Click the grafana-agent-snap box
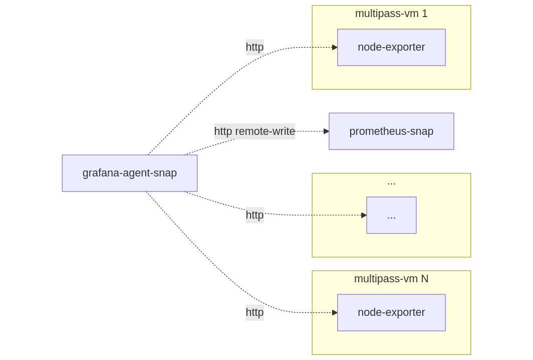[x=129, y=173]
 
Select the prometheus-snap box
[x=391, y=131]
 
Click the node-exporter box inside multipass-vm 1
[x=391, y=47]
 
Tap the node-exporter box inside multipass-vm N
[x=391, y=312]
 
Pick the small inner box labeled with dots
[x=391, y=215]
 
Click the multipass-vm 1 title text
[x=391, y=14]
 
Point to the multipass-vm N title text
[x=391, y=279]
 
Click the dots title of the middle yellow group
[x=391, y=183]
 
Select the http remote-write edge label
[x=254, y=131]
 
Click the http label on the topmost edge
[x=254, y=47]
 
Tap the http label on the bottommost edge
[x=254, y=312]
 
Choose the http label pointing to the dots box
[x=254, y=215]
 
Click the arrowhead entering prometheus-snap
[x=326, y=131]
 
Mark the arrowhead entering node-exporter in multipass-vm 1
[x=335, y=47]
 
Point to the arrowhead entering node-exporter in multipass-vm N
[x=335, y=312]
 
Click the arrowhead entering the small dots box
[x=364, y=215]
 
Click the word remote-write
[x=265, y=131]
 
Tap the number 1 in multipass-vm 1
[x=425, y=14]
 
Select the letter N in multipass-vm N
[x=424, y=279]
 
